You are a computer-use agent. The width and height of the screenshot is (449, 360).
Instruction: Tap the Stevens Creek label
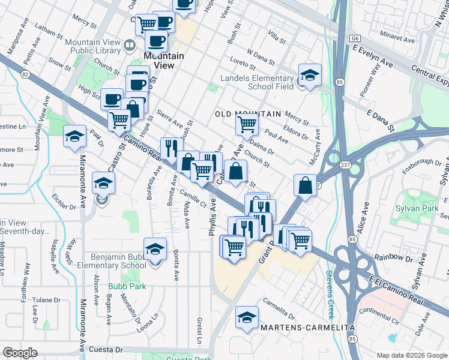pyautogui.click(x=330, y=286)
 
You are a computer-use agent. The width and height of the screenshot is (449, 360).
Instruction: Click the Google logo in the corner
pyautogui.click(x=20, y=353)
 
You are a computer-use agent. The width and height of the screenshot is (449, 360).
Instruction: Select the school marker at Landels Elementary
pyautogui.click(x=309, y=75)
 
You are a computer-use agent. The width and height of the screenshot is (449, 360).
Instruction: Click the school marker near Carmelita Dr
pyautogui.click(x=246, y=318)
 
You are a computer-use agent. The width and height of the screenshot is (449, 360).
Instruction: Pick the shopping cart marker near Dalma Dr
pyautogui.click(x=247, y=125)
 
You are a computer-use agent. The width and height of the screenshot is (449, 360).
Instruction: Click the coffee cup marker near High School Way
pyautogui.click(x=112, y=99)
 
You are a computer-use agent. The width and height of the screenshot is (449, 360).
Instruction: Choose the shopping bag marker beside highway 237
pyautogui.click(x=306, y=185)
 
